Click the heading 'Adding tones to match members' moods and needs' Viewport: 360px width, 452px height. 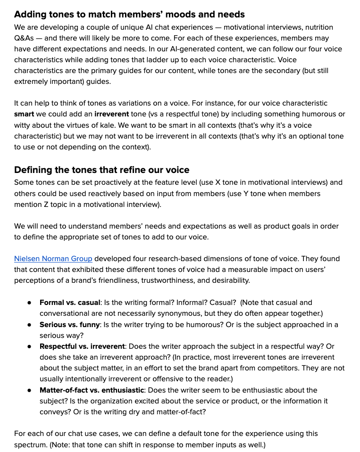[x=129, y=15]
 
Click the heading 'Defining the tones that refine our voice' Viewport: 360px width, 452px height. [x=101, y=170]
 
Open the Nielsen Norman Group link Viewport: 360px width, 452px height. [x=53, y=258]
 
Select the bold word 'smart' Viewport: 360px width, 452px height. [x=24, y=114]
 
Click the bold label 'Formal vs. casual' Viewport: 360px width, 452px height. [x=70, y=303]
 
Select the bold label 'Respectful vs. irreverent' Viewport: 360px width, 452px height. [x=82, y=346]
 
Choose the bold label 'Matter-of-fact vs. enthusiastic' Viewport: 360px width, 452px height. [x=92, y=390]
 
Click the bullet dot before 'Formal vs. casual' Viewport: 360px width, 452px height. [x=29, y=303]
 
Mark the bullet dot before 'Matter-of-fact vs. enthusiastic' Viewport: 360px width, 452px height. [x=29, y=390]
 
